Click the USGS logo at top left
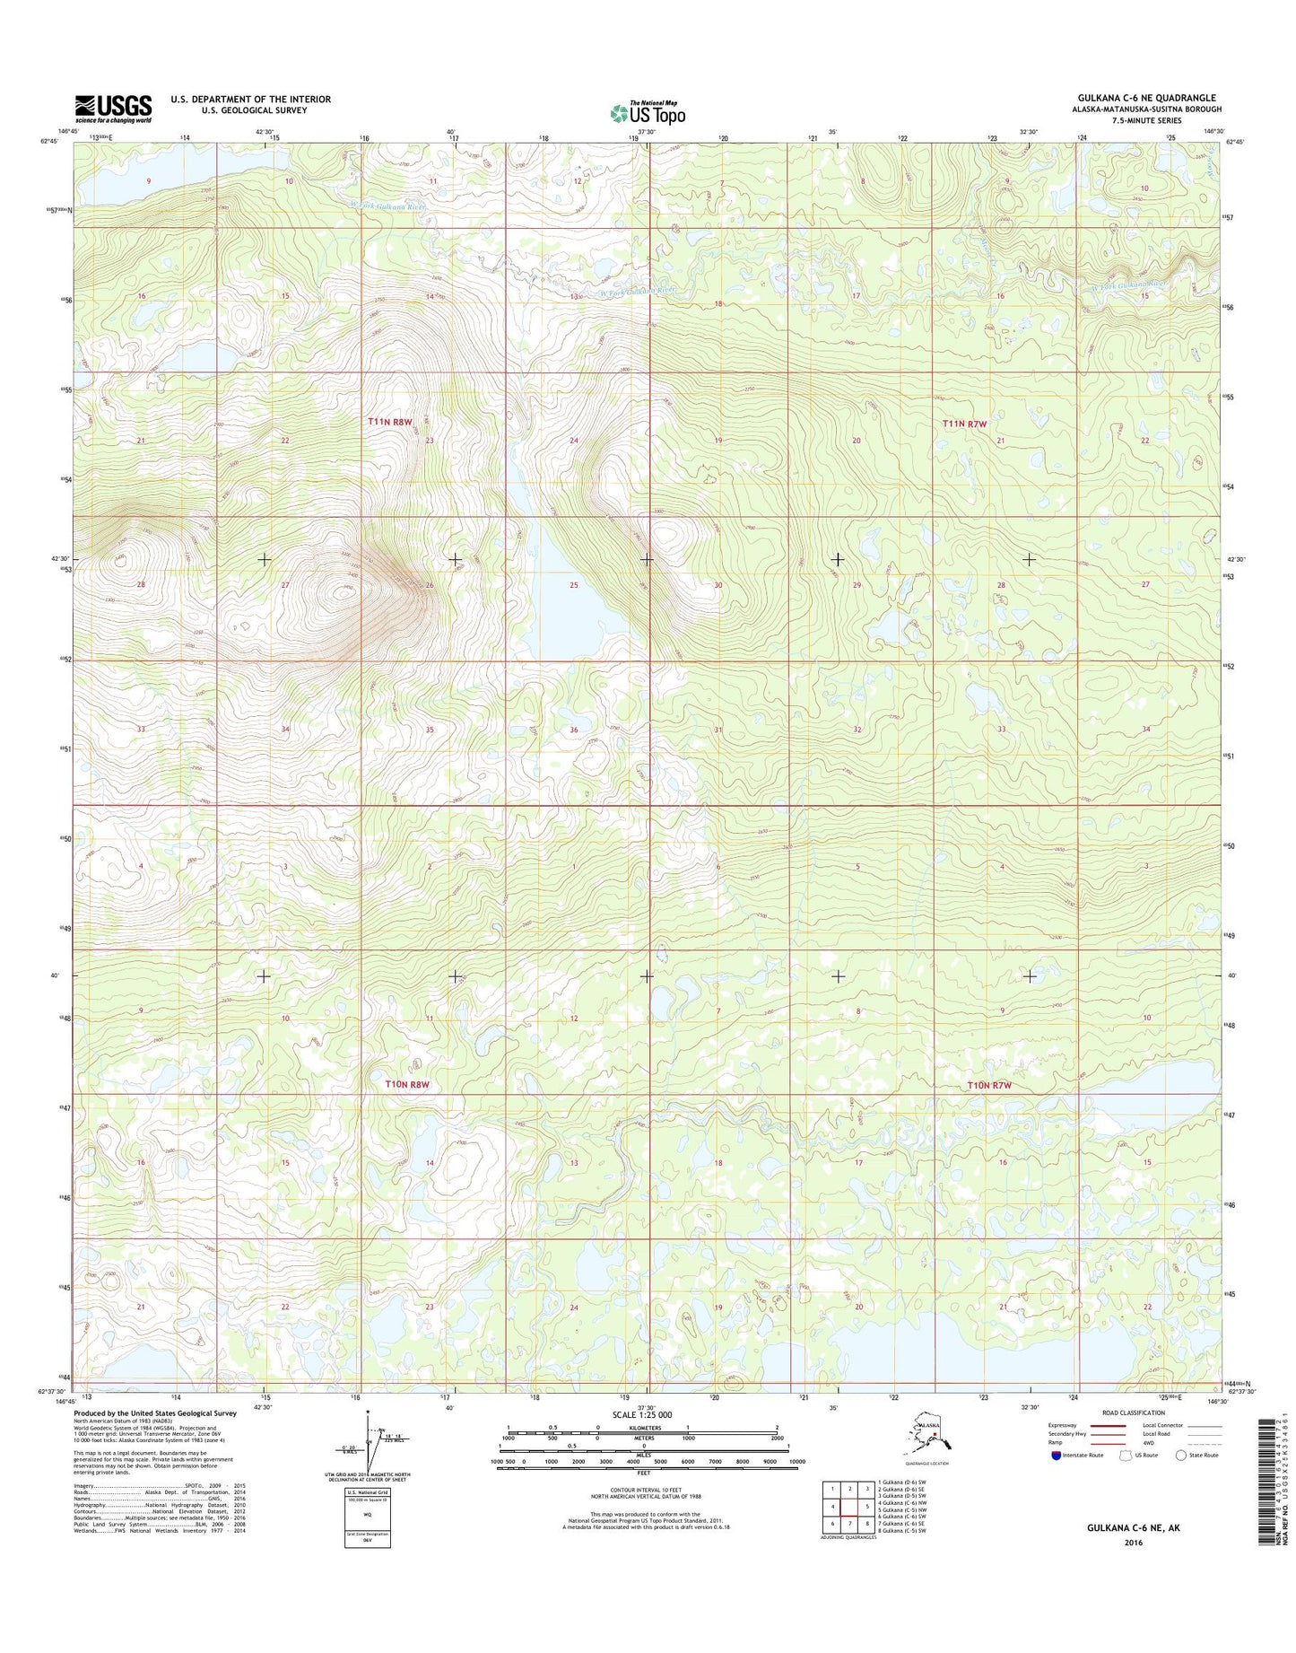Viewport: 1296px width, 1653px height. (113, 109)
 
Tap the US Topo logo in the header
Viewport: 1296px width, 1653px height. (648, 113)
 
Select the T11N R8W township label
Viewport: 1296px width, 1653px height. (389, 421)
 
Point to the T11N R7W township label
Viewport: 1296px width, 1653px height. (964, 424)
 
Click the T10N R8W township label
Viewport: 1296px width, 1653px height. (407, 1084)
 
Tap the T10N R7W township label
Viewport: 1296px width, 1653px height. (989, 1085)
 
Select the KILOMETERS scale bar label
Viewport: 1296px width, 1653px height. (642, 1428)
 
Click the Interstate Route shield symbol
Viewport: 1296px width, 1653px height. (1057, 1456)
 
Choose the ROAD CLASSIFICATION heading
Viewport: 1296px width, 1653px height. (1135, 1412)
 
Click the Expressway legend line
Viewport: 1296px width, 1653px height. (1109, 1425)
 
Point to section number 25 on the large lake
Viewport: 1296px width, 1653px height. (574, 585)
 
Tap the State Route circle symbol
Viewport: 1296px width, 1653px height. (1181, 1456)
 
